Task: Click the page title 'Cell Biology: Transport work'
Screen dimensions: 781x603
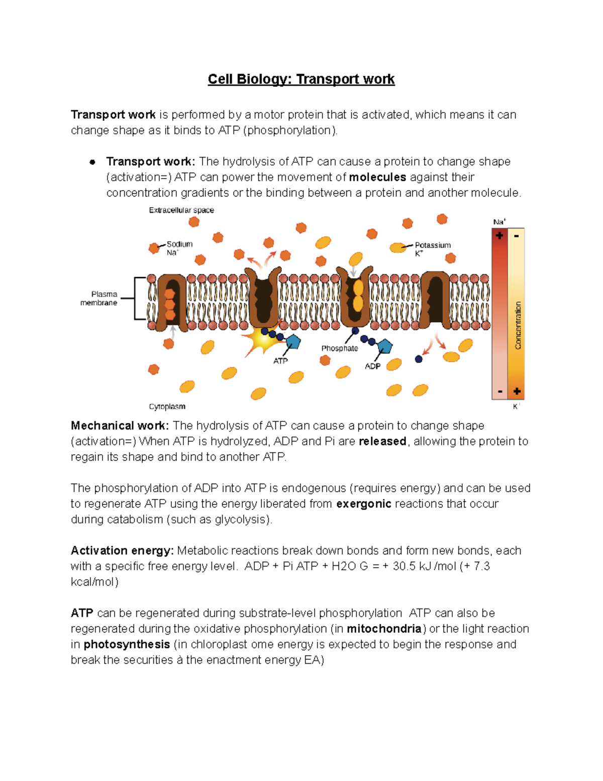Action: click(301, 79)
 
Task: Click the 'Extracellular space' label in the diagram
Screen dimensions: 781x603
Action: click(181, 210)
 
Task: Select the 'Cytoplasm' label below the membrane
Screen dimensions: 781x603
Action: click(167, 406)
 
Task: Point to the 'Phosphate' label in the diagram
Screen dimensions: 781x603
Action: click(339, 349)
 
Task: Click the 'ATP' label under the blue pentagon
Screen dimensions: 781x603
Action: click(280, 361)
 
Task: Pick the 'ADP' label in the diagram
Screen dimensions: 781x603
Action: click(372, 366)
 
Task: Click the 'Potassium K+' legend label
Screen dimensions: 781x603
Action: click(432, 249)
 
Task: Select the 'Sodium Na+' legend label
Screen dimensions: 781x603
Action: click(179, 248)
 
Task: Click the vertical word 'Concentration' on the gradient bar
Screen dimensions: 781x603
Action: click(518, 325)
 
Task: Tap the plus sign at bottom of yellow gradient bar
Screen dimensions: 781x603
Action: click(517, 391)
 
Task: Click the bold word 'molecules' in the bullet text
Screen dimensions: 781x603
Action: click(377, 178)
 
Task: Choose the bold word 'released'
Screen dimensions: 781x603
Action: click(382, 442)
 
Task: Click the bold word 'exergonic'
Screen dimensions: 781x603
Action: click(363, 504)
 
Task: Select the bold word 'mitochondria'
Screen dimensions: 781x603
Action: click(384, 629)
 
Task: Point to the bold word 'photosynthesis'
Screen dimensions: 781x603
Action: click(127, 644)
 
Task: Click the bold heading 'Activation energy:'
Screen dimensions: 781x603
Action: click(122, 551)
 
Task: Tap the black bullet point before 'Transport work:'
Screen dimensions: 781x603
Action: click(92, 162)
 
